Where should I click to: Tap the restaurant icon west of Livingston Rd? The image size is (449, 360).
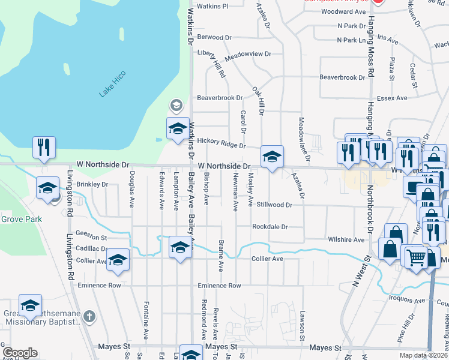pos(44,148)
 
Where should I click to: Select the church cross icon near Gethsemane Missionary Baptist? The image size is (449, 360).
pos(89,316)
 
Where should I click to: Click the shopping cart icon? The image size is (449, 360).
pos(415,257)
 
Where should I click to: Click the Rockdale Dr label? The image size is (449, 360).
pos(270,227)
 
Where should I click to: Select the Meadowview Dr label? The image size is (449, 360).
pos(248,55)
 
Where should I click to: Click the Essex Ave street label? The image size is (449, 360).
pos(391,98)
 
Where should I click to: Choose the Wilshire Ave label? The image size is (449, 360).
pos(346,239)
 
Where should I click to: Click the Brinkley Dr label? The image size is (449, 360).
pos(92,184)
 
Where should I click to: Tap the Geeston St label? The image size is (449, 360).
pos(91,238)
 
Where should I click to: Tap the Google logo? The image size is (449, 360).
pos(20,353)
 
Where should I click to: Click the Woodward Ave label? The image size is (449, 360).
pos(343,11)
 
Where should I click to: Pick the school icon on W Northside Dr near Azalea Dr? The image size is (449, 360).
pos(272,157)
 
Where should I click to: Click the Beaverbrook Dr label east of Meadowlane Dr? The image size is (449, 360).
pos(342,77)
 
